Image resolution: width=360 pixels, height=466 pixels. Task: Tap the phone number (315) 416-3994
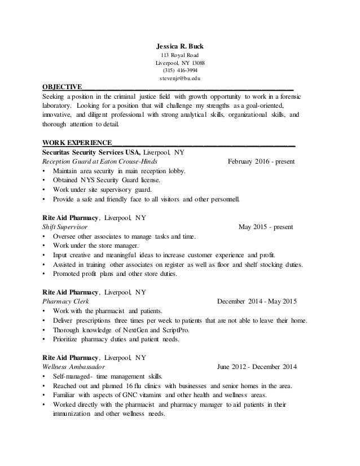[180, 71]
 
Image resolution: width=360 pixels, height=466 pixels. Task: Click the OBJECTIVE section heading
[62, 87]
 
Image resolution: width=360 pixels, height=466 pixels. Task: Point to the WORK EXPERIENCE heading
[77, 143]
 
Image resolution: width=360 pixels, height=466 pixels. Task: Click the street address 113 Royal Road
[180, 55]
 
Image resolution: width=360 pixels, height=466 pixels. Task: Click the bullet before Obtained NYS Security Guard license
[45, 180]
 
